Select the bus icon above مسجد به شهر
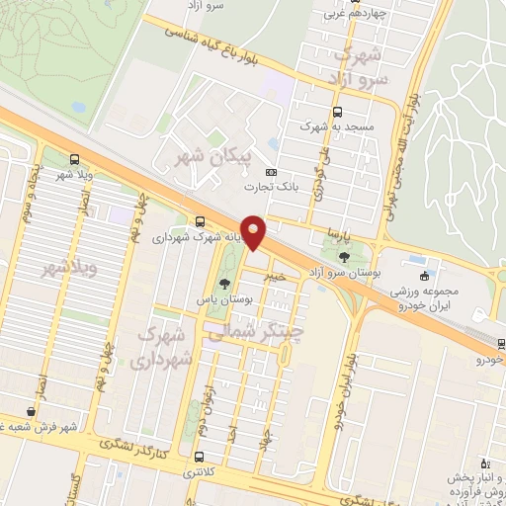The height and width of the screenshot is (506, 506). tap(339, 113)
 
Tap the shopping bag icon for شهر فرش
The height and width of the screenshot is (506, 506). tap(32, 412)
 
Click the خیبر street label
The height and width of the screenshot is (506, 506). tap(275, 278)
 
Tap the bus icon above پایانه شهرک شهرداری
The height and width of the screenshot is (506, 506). tap(201, 221)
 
